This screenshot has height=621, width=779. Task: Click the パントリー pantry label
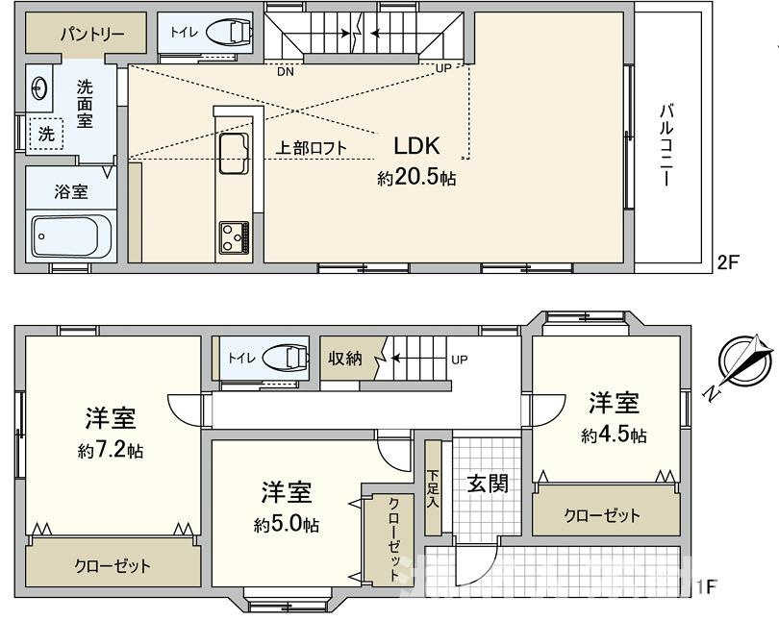coord(93,34)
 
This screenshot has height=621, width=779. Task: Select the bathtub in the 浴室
coord(72,235)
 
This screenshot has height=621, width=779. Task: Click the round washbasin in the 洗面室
coord(39,87)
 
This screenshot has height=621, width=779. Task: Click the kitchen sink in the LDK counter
coord(234,154)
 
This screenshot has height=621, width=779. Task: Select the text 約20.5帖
coord(415,179)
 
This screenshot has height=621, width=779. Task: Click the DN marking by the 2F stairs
coord(286,71)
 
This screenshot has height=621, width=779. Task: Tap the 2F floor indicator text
coord(727,261)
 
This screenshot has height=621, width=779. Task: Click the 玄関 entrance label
coord(488,483)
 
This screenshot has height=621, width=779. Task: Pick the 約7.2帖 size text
coord(111,450)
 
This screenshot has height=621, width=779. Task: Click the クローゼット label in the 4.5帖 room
coord(602,515)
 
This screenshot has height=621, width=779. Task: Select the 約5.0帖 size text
coord(287,525)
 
